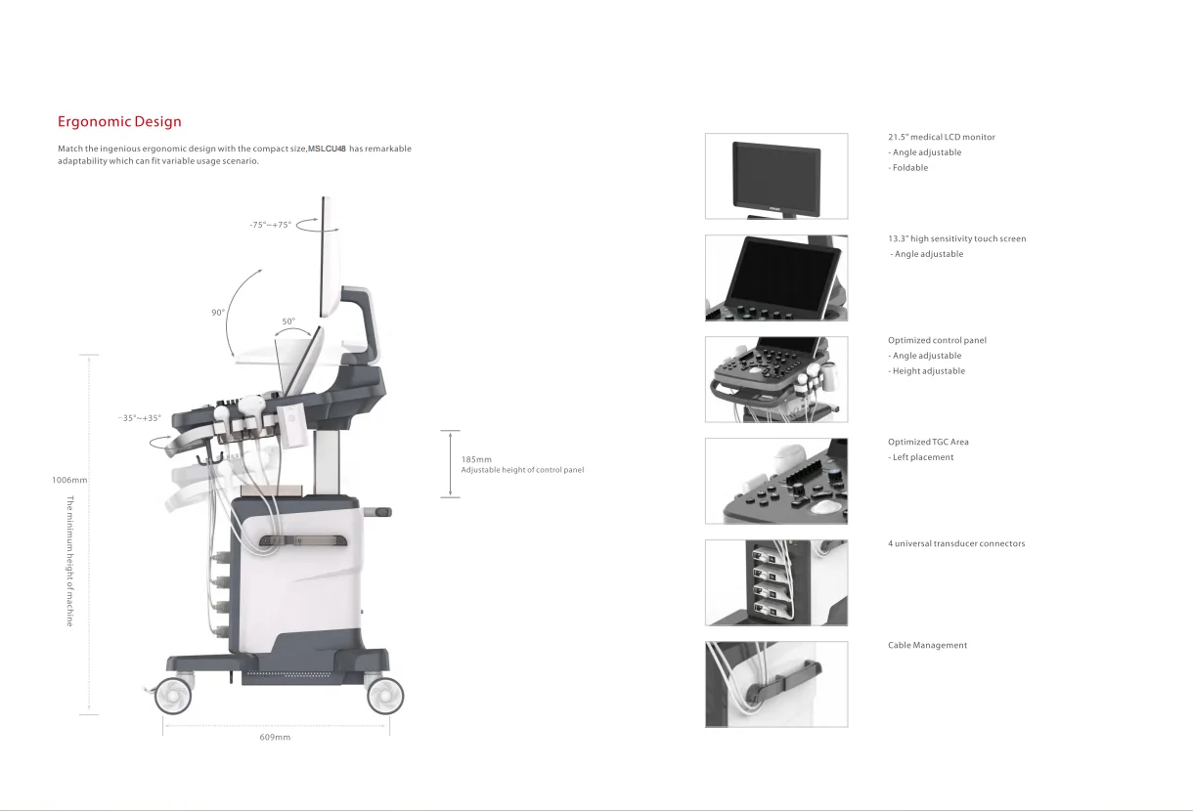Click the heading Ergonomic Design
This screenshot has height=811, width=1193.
coord(119,122)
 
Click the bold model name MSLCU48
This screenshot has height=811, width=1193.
coord(328,149)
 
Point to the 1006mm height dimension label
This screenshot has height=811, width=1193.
coord(68,480)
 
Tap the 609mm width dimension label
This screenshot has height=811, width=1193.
coord(275,737)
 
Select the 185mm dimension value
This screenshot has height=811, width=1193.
coord(476,459)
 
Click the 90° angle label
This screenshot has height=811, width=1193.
coord(217,313)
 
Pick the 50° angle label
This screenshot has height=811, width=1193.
coord(288,321)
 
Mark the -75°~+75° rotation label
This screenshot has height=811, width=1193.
coord(270,225)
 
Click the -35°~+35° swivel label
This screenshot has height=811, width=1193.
coord(139,418)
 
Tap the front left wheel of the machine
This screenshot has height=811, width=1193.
coord(172,695)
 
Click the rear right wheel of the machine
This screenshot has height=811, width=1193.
coord(384,695)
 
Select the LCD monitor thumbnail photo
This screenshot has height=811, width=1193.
coord(776,176)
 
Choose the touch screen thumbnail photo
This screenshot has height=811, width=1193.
coord(776,277)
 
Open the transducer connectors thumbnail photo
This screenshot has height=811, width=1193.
coord(776,582)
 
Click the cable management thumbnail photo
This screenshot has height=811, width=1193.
coord(776,684)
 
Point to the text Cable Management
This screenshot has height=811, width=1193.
coord(927,645)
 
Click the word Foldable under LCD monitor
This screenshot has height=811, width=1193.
coord(909,168)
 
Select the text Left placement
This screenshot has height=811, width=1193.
coord(922,457)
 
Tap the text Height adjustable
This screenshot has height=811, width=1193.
coord(928,371)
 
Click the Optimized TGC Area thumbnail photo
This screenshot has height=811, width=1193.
coord(776,481)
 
